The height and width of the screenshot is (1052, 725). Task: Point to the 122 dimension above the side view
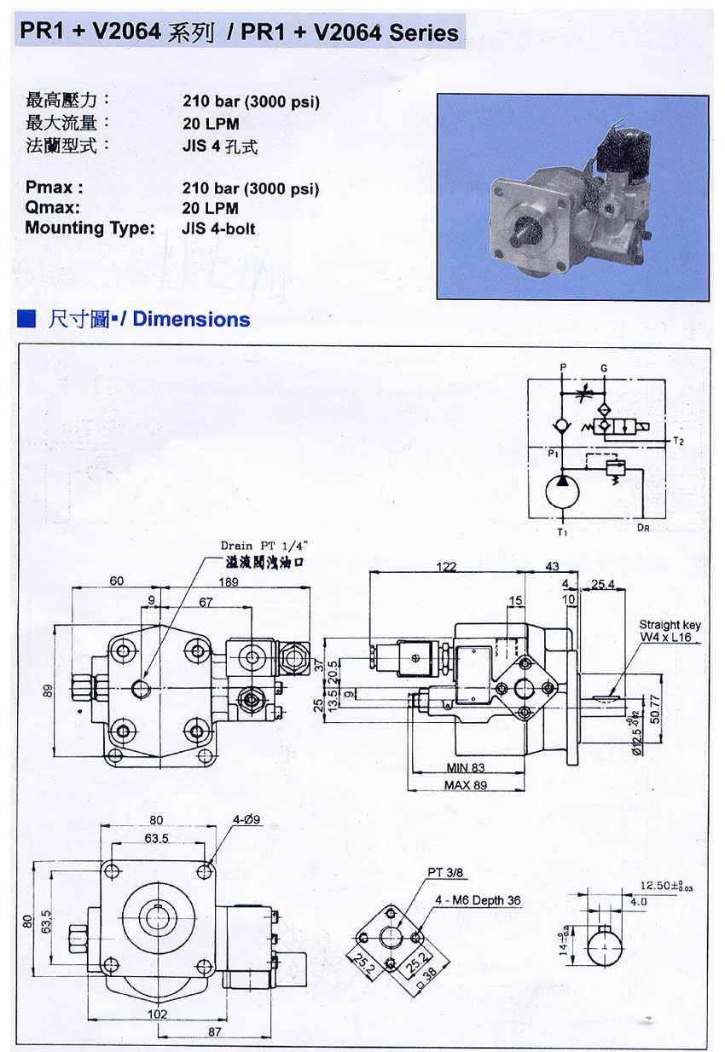click(x=445, y=567)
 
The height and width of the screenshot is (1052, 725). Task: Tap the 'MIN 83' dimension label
click(x=466, y=768)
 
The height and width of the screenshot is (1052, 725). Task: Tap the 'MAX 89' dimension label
click(x=466, y=785)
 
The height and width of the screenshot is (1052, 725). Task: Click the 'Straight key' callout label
click(x=670, y=625)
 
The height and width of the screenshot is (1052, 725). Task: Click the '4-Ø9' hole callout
click(x=246, y=820)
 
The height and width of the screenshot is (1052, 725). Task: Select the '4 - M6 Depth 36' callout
click(x=478, y=900)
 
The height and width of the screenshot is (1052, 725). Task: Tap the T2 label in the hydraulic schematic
click(x=678, y=442)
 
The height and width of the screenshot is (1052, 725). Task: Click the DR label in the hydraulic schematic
click(x=643, y=529)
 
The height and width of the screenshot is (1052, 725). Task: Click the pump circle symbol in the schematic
click(x=561, y=494)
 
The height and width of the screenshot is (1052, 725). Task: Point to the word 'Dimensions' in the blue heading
click(x=191, y=320)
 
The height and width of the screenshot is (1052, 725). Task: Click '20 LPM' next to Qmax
click(x=211, y=208)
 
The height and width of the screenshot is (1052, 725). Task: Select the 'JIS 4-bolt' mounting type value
click(x=218, y=228)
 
